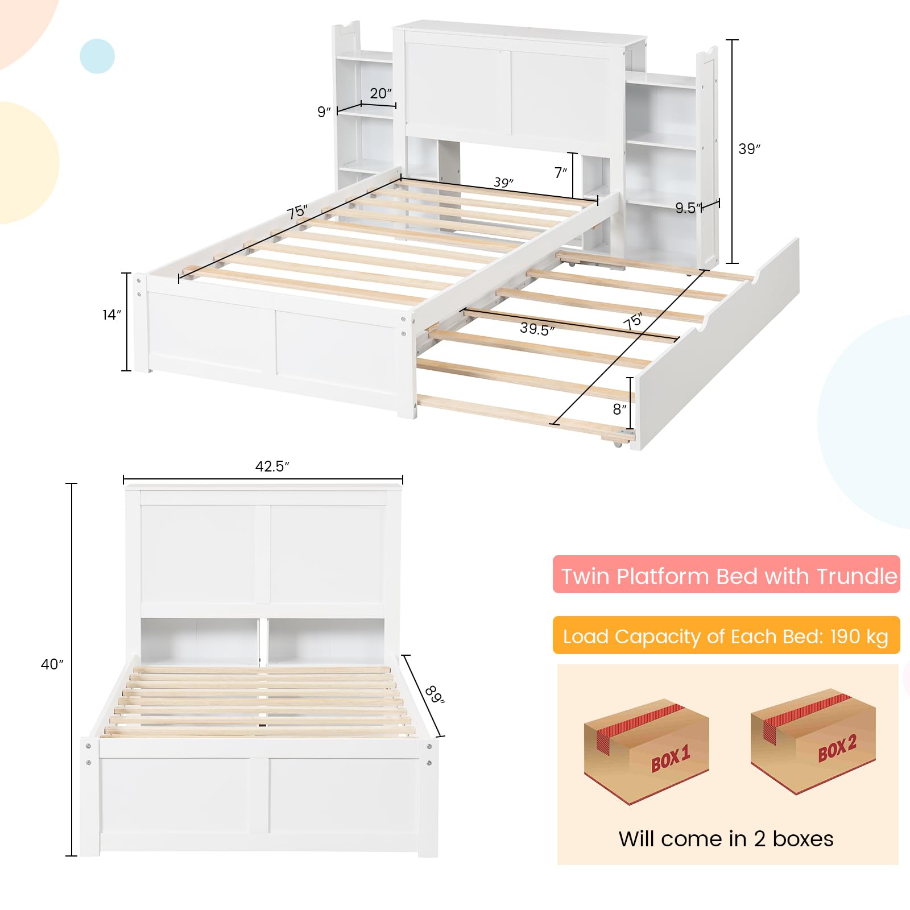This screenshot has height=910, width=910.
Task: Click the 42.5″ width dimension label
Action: pos(272,466)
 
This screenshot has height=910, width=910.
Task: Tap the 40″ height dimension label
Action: pos(52,664)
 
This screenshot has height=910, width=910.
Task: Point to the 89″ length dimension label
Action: pos(435,694)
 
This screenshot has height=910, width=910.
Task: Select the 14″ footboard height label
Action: pos(111,315)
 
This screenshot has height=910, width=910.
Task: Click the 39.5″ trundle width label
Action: pos(537,329)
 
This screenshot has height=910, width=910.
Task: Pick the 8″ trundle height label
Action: pos(619,409)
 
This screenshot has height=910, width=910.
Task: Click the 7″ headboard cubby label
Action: pos(560,172)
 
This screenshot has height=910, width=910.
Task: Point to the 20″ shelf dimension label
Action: pos(380,93)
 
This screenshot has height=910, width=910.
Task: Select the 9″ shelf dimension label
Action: pos(324,111)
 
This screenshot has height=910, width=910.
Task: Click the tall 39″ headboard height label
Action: pos(749,149)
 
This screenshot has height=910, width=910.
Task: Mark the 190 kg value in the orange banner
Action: pos(859,636)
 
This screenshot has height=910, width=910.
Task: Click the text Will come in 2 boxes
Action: pos(726,839)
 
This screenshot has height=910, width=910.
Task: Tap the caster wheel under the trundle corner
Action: pos(618,444)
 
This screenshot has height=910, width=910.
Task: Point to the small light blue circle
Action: pos(97,56)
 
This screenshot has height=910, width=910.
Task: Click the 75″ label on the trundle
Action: pos(632,321)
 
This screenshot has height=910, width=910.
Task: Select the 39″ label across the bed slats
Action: pos(503,183)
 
